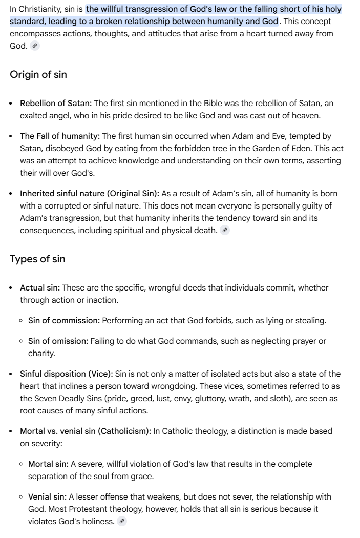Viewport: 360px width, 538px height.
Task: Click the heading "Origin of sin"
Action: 38,74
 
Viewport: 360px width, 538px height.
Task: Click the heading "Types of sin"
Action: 37,259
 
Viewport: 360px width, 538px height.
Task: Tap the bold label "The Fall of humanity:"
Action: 60,136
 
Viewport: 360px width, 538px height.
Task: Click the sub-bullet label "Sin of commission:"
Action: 64,321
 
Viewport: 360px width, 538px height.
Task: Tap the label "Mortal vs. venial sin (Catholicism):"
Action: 86,431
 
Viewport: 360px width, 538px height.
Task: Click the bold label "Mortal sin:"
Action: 48,464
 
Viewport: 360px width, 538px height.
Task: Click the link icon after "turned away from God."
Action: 35,46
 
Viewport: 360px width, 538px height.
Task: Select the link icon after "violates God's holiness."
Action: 121,522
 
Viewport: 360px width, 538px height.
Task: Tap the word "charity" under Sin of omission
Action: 41,354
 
